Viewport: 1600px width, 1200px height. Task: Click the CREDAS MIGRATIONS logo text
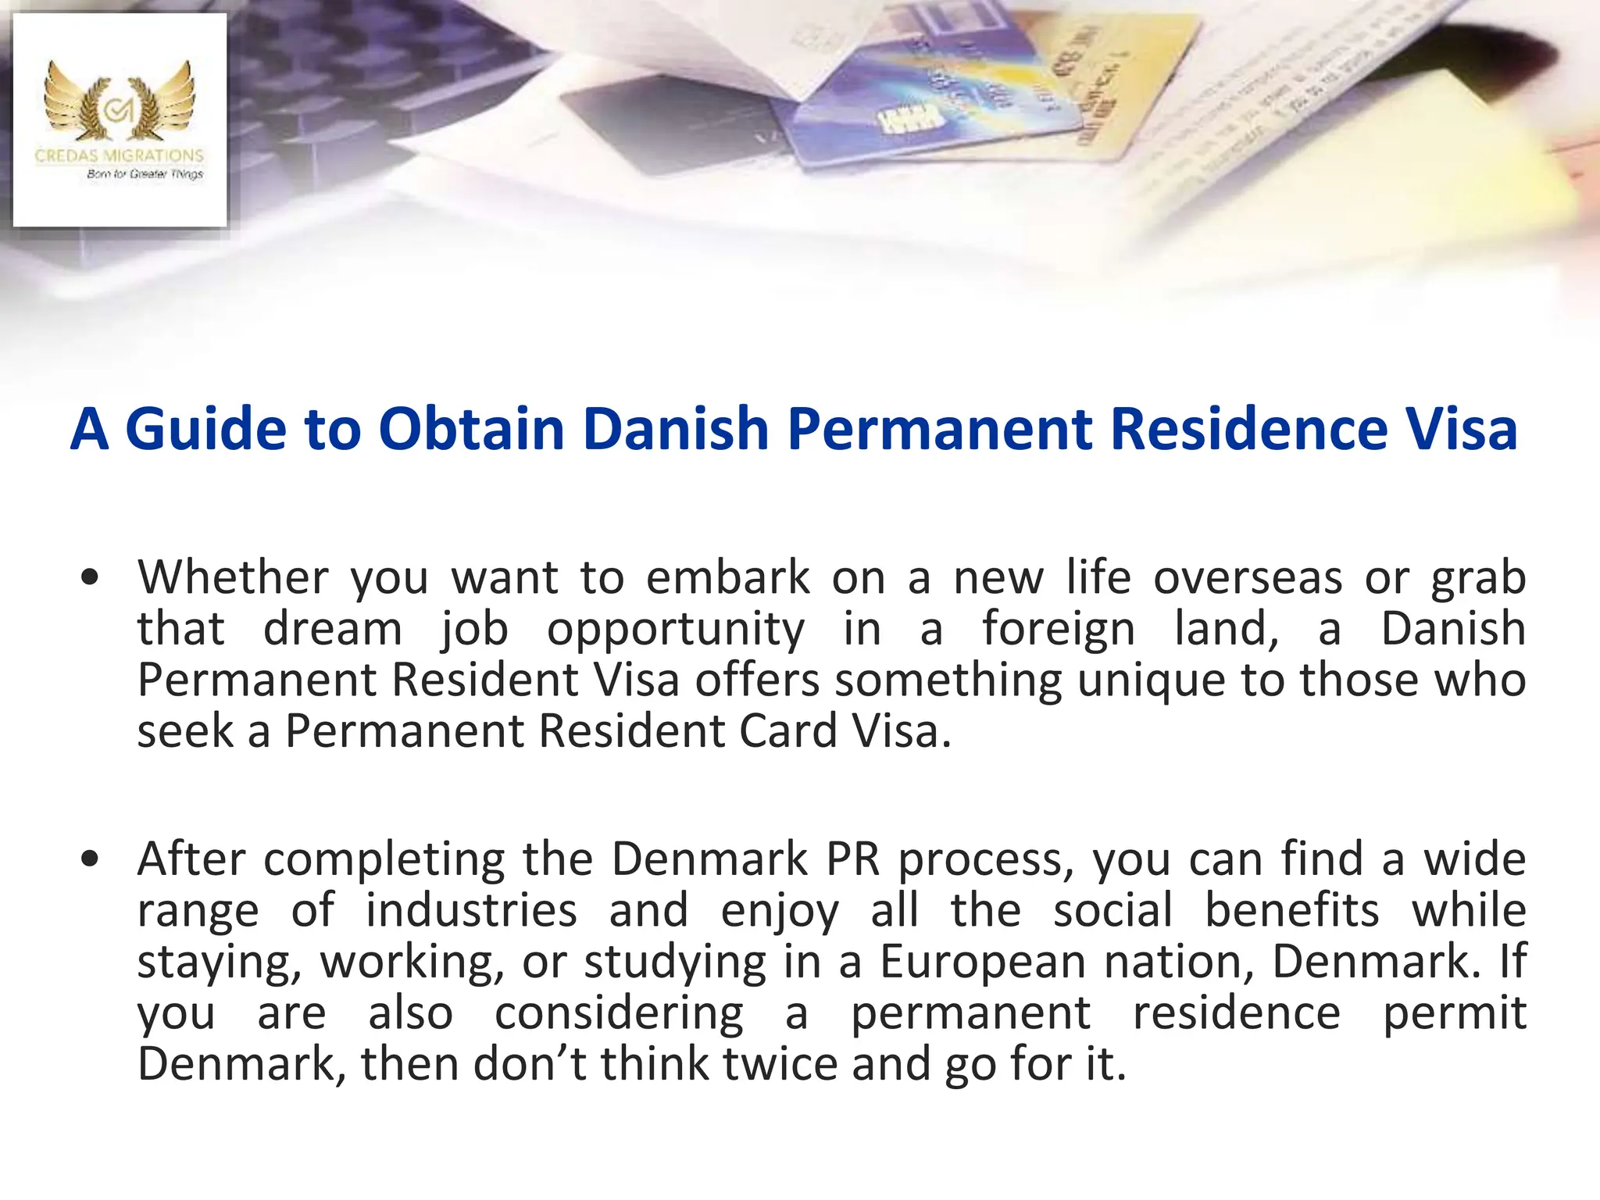click(120, 155)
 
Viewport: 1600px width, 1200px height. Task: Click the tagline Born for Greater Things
click(145, 174)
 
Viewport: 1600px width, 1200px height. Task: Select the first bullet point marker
click(91, 579)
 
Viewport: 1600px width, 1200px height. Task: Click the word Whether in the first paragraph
click(233, 577)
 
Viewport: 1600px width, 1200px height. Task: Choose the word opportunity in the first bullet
click(675, 629)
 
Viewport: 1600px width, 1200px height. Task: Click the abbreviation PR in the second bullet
click(853, 859)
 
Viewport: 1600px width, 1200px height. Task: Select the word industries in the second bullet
click(472, 910)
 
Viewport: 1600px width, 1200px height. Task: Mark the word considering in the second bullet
click(619, 1013)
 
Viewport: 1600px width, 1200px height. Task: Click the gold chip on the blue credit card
click(906, 121)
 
